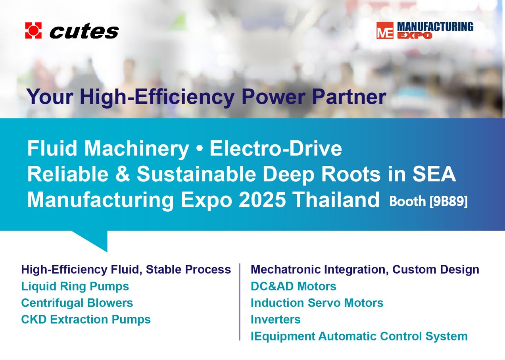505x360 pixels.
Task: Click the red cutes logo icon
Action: click(x=33, y=31)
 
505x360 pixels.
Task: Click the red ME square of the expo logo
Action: click(x=385, y=31)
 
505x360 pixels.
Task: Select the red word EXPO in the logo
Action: click(x=415, y=35)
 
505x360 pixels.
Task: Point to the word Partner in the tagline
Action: click(x=349, y=96)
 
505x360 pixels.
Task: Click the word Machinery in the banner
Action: click(x=136, y=149)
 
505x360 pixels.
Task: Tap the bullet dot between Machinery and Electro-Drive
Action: click(x=199, y=149)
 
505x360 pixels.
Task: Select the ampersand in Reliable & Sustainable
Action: click(x=123, y=174)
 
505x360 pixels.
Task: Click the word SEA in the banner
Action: click(x=434, y=174)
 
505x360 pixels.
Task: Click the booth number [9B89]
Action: click(x=449, y=201)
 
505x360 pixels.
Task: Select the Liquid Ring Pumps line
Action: click(x=75, y=287)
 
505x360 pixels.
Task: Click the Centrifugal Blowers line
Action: click(x=77, y=303)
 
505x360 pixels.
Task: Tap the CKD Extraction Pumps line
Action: click(x=86, y=320)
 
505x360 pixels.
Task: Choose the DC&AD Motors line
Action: click(x=293, y=286)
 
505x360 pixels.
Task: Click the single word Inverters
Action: click(x=275, y=320)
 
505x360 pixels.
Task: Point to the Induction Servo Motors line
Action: click(x=317, y=303)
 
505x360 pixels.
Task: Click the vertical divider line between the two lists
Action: click(x=240, y=302)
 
